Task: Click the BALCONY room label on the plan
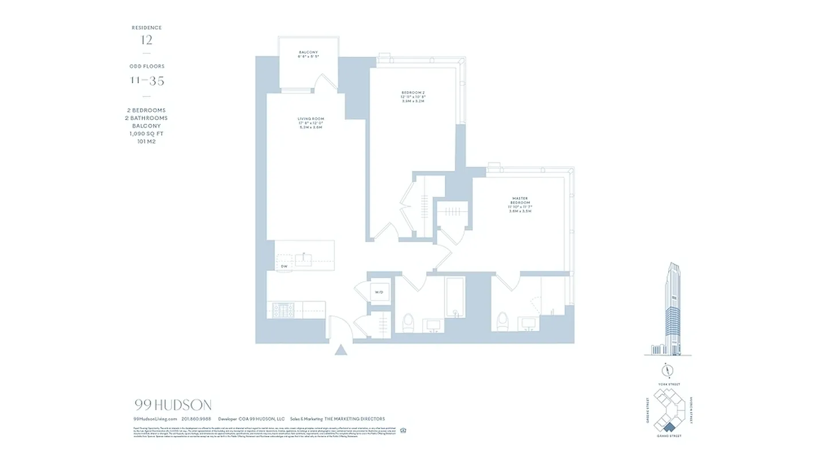308,53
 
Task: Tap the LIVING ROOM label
310,119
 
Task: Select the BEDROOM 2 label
413,92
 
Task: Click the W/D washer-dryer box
379,293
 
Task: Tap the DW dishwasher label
284,267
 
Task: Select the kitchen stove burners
283,310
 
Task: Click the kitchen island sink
304,260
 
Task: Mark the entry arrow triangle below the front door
341,349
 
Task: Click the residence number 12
147,40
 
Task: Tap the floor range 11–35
147,81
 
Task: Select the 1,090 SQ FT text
147,134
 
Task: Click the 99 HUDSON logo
172,405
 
